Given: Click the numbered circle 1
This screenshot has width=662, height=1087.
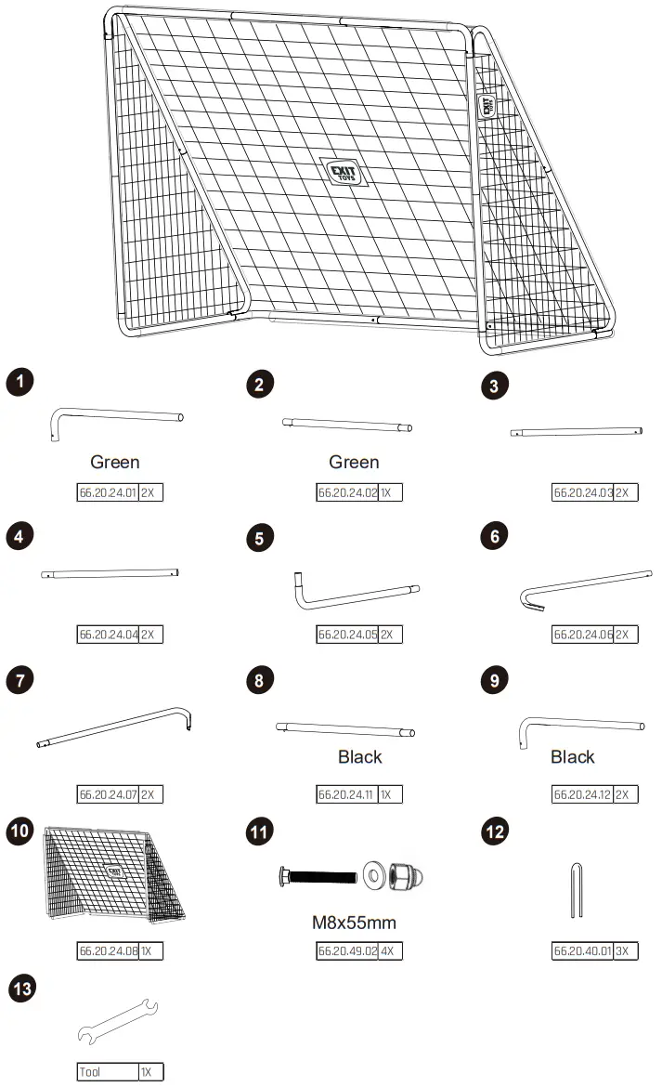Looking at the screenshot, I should pos(19,381).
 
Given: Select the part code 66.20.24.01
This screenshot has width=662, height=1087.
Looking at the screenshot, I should pos(107,492).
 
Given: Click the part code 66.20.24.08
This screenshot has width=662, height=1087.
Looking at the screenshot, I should pos(107,950).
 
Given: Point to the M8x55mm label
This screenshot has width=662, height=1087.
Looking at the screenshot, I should pos(354,923).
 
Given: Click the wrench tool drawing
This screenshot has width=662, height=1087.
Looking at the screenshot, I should pos(118,1020).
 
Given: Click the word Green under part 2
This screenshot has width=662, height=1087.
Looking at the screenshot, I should pos(354,462).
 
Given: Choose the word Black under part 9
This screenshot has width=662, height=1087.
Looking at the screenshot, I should pos(572,757).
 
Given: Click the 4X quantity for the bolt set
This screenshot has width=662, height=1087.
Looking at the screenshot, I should pos(390,950).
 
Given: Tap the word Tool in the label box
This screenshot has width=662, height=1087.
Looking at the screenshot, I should pos(90,1072).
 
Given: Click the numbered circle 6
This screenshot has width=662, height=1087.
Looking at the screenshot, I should pos(494,535).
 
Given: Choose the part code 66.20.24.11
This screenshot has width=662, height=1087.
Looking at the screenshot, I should pos(346,794).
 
